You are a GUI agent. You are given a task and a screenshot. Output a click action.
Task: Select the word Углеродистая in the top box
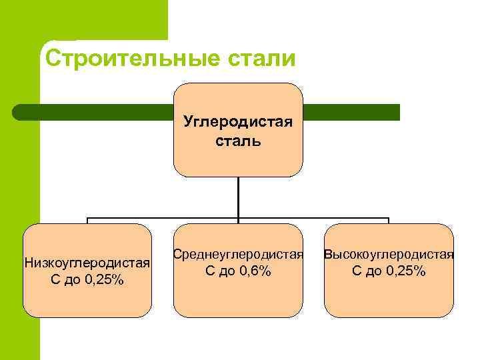(238, 123)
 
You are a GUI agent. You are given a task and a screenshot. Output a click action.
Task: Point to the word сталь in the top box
(238, 141)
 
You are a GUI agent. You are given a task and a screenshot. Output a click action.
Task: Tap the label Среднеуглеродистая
(238, 255)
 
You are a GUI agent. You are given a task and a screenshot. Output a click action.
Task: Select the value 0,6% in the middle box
(253, 271)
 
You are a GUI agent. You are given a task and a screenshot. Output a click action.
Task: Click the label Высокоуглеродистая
(389, 255)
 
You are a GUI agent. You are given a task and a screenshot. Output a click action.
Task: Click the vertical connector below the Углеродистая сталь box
(238, 197)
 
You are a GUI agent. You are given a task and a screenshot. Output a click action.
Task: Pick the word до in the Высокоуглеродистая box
(375, 271)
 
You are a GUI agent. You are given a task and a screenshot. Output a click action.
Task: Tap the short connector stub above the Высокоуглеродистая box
(389, 221)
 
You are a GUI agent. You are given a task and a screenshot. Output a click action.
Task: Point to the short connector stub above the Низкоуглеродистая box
(87, 221)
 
